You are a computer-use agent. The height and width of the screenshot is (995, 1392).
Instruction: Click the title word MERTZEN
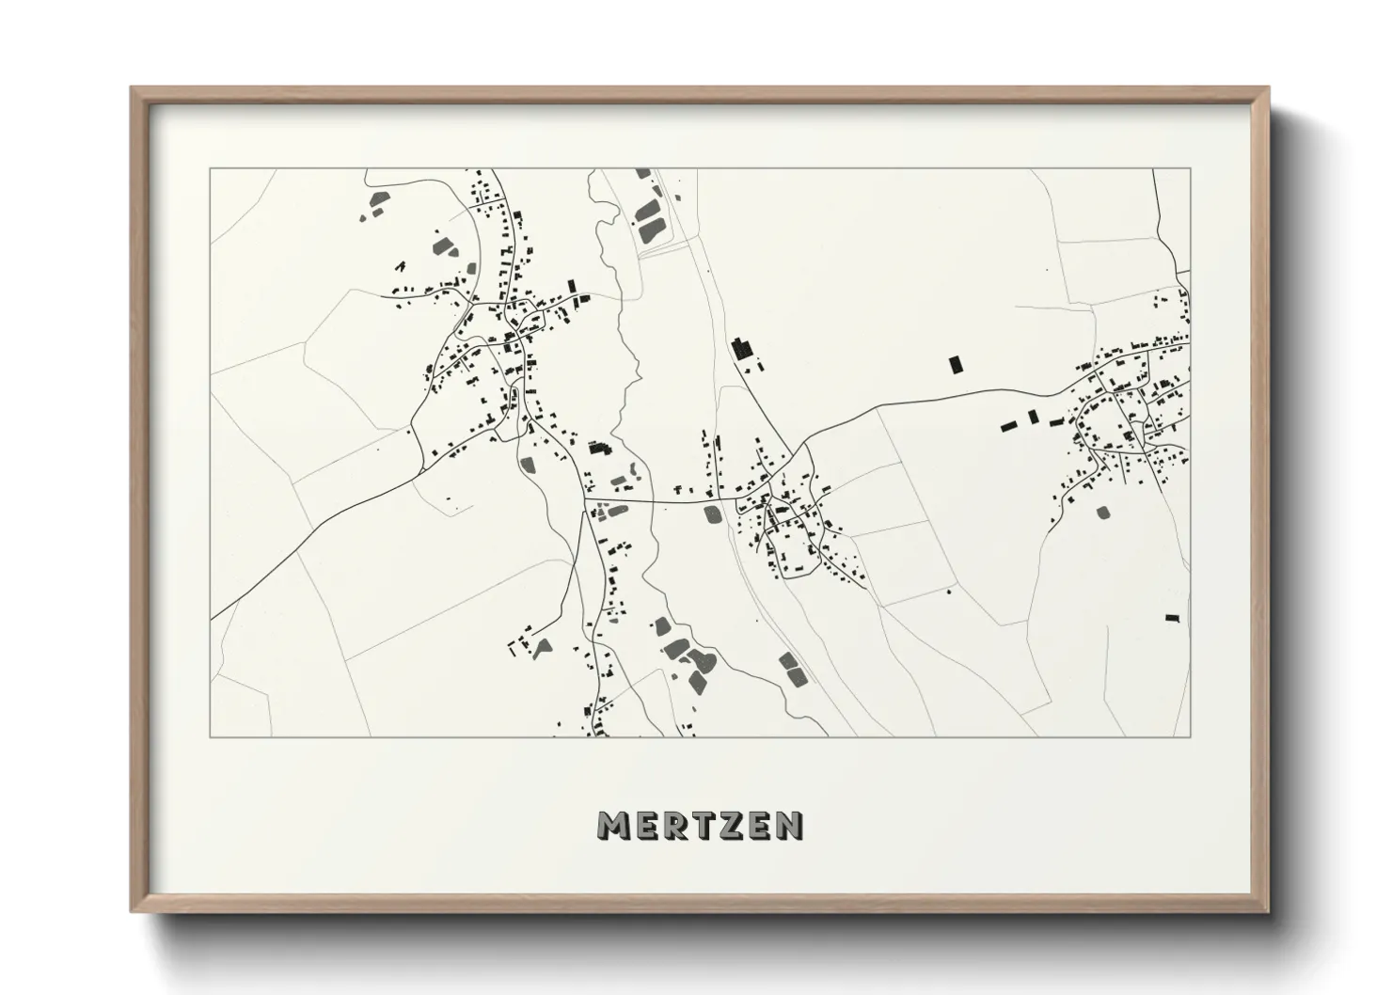tap(700, 825)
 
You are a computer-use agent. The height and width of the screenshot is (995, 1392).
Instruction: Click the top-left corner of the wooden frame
tap(133, 88)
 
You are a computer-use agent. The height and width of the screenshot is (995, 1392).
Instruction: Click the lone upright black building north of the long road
tap(956, 364)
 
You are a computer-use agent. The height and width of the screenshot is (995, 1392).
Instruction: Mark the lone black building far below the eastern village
tap(1171, 618)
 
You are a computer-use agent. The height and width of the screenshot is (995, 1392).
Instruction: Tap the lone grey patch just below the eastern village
tap(1102, 513)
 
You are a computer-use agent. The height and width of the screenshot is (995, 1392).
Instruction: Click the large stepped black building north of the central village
tap(744, 349)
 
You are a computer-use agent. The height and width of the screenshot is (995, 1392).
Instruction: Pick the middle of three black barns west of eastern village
tap(1032, 417)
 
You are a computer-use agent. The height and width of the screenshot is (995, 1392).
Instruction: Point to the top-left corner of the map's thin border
tap(210, 169)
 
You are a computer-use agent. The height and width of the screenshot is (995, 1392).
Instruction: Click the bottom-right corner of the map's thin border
tap(1190, 736)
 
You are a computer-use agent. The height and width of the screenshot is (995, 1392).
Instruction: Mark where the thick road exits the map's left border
tap(211, 620)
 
